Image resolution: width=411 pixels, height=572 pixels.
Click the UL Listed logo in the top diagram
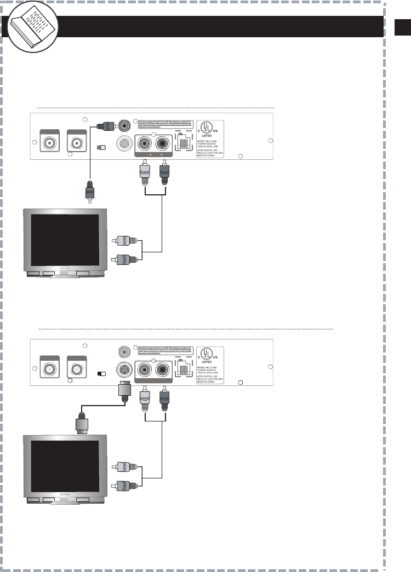tap(210, 128)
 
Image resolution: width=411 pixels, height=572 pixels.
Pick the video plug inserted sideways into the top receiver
tap(103, 125)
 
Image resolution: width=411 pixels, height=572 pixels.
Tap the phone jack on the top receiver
tap(182, 144)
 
